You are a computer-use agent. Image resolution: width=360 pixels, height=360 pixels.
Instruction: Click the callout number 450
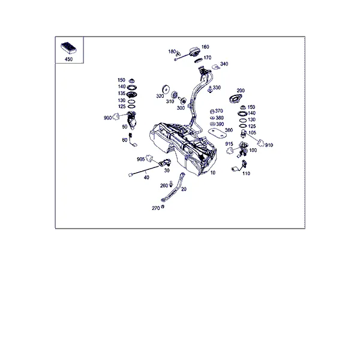(x=68, y=59)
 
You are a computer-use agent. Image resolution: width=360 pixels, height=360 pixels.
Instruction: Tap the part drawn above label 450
(x=68, y=48)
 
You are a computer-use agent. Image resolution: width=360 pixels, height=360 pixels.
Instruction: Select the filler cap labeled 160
(x=194, y=51)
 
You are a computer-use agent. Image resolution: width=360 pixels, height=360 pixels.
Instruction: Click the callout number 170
(x=208, y=58)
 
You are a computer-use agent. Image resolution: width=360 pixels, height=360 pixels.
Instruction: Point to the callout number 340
(x=224, y=64)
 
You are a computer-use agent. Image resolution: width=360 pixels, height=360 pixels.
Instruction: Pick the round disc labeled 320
(x=166, y=89)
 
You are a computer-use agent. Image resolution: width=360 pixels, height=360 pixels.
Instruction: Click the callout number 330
(x=217, y=88)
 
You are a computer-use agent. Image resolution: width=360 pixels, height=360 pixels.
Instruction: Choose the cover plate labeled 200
(x=235, y=99)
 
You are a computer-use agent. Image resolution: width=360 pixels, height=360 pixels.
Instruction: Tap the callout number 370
(x=219, y=111)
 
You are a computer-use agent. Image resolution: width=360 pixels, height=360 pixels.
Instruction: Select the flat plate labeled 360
(x=217, y=133)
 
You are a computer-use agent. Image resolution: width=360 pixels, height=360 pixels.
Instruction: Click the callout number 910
(x=269, y=145)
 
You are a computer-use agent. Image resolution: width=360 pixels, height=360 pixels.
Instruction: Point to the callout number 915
(x=229, y=144)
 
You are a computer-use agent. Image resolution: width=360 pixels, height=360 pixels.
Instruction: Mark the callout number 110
(x=246, y=173)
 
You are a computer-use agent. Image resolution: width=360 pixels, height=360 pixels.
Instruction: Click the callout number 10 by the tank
(x=213, y=172)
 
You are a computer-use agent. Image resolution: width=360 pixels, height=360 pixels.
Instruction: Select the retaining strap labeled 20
(x=174, y=187)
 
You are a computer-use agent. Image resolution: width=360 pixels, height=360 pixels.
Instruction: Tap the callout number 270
(x=155, y=208)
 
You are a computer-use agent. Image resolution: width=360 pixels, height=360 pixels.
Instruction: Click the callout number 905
(x=141, y=159)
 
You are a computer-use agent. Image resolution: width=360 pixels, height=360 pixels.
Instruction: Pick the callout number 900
(x=107, y=118)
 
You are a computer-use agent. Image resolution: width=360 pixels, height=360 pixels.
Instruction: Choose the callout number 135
(x=121, y=93)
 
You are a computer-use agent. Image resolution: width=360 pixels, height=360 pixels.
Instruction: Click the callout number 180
(x=172, y=52)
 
